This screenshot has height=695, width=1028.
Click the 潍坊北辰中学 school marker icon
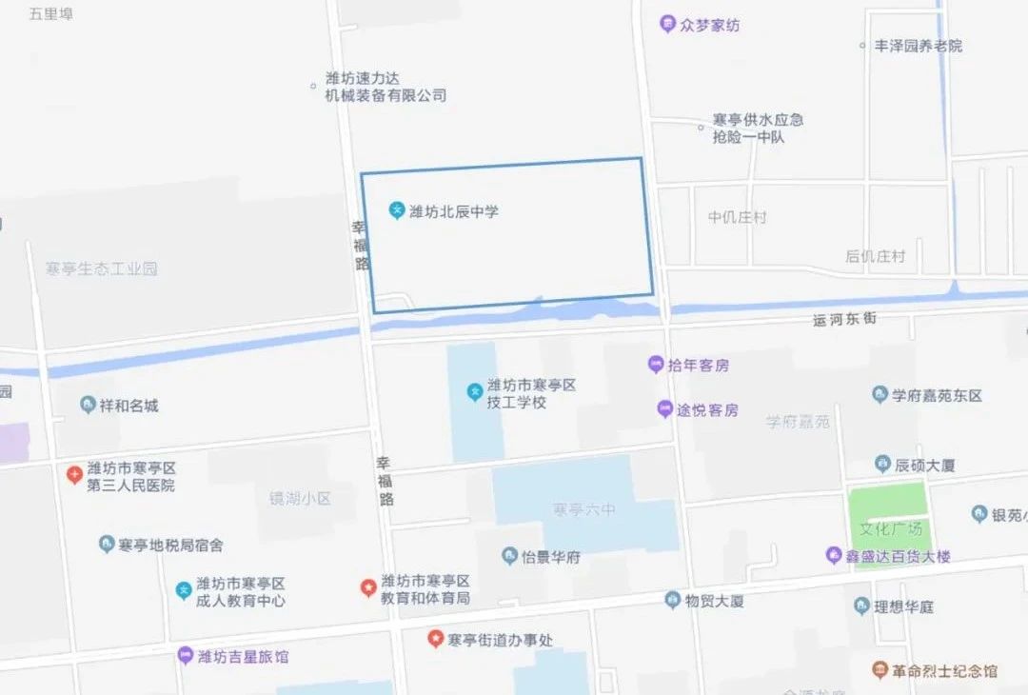[397, 210]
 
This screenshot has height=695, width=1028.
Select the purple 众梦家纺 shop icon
[668, 25]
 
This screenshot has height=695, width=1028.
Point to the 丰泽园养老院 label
[918, 46]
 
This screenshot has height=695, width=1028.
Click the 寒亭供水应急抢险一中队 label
[758, 129]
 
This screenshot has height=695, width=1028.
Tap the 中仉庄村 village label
[737, 217]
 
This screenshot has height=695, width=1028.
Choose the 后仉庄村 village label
[875, 256]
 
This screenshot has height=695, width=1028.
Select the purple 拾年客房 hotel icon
[655, 364]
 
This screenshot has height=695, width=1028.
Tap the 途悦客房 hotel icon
[664, 409]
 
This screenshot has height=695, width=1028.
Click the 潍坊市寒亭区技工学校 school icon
[473, 391]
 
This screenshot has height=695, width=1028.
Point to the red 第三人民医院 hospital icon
[74, 474]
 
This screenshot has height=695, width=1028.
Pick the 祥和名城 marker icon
[88, 406]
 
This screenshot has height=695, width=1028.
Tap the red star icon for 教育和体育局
[367, 587]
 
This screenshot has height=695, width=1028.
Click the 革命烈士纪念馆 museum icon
[880, 670]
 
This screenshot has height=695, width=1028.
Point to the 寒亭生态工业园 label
[101, 269]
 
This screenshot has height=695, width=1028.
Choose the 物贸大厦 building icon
[672, 600]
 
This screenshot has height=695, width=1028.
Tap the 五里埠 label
[51, 14]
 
